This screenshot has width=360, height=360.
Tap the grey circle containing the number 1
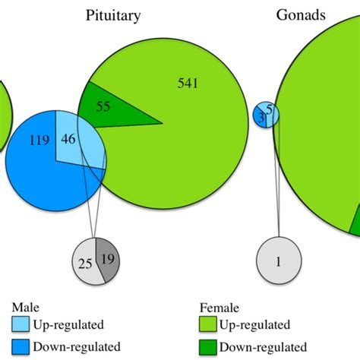pos(278,261)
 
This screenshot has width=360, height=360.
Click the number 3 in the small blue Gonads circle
pos(261,117)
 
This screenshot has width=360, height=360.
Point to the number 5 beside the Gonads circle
pos(270,112)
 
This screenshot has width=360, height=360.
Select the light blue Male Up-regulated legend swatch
pos(21,325)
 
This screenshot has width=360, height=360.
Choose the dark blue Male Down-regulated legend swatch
pos(21,346)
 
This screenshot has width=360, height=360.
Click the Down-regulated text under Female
pos(262,346)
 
